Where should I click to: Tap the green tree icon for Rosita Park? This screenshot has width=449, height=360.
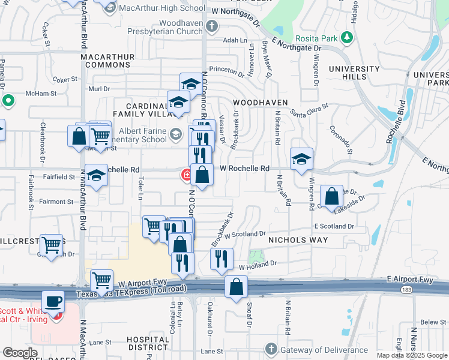click(x=346, y=38)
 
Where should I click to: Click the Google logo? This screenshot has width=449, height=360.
click(x=20, y=353)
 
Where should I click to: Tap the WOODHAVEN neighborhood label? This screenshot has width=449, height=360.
click(x=261, y=103)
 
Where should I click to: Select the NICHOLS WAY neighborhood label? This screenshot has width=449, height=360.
click(x=298, y=240)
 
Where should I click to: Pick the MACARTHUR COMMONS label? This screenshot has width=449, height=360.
click(x=107, y=61)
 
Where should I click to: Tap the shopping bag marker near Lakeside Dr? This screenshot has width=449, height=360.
click(x=331, y=196)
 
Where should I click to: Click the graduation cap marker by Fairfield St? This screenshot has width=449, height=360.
click(x=95, y=176)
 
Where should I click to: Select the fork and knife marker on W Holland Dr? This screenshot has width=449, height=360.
click(x=221, y=258)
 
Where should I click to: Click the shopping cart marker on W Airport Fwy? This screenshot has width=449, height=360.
click(x=101, y=280)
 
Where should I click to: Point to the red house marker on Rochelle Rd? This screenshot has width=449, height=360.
click(x=187, y=175)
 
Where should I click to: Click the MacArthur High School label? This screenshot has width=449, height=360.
click(x=154, y=8)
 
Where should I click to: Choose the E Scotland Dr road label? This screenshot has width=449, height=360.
click(x=334, y=226)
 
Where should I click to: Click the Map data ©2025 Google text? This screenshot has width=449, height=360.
click(x=412, y=355)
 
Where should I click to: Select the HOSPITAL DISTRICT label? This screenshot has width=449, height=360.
click(x=148, y=343)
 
